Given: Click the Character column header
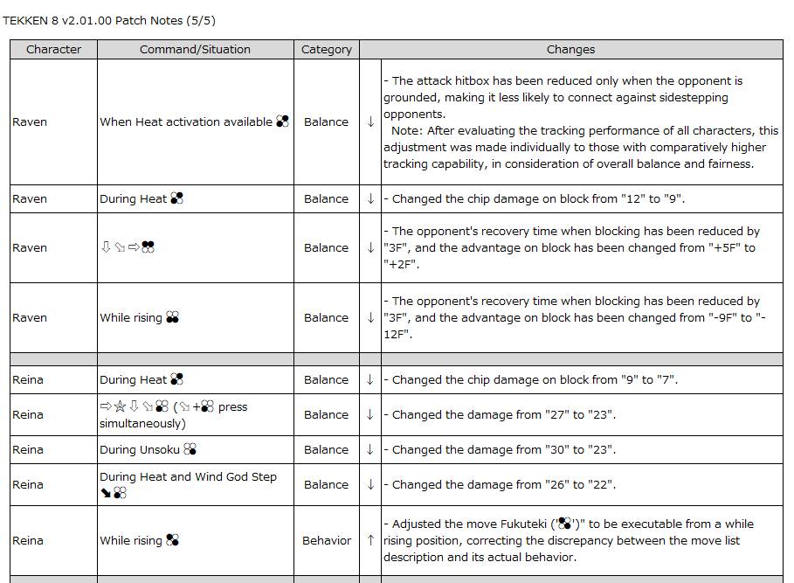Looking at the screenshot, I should point(53,50).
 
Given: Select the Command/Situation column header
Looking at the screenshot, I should point(195,50).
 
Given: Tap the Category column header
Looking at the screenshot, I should point(326,50).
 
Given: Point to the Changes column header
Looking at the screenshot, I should point(570,50).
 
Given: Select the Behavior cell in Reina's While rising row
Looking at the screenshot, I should point(327,540).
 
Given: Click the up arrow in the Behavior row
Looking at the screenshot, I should point(370,540).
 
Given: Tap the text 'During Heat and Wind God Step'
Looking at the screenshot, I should point(188,476).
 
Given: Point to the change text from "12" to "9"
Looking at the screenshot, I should point(538,198).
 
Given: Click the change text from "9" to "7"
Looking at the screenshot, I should point(535,379).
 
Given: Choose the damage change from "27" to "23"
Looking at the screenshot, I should point(504,414).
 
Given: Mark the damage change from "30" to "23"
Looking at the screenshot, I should point(504,449).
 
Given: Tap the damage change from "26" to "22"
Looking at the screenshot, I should point(504,484).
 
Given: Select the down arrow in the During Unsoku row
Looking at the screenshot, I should point(370,449).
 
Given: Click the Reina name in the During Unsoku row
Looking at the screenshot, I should point(29,449).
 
